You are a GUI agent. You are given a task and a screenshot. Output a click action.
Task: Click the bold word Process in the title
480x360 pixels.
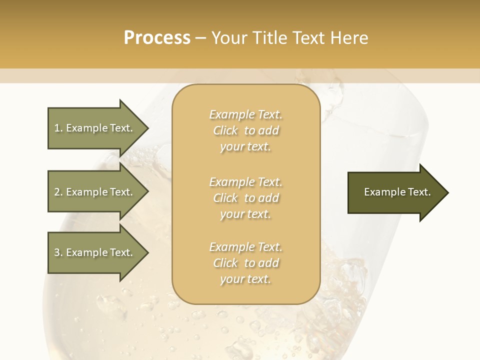click(x=157, y=38)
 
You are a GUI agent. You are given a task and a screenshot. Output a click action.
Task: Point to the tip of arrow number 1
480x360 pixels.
click(x=147, y=128)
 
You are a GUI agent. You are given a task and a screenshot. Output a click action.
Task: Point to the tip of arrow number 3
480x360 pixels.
click(x=147, y=252)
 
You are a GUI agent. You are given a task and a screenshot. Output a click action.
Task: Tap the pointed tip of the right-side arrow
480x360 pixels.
click(x=447, y=192)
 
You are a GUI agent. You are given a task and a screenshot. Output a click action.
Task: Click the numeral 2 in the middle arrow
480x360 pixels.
click(x=57, y=192)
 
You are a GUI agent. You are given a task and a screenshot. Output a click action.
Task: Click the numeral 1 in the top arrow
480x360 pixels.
click(x=57, y=128)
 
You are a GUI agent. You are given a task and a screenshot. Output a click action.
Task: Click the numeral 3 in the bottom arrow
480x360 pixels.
click(x=57, y=252)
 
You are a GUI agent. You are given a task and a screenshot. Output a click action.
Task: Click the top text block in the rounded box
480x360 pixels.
click(x=245, y=130)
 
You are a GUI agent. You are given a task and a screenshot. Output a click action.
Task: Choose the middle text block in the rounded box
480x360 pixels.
click(x=245, y=198)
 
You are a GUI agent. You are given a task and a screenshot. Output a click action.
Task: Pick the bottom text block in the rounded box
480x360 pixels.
click(x=245, y=263)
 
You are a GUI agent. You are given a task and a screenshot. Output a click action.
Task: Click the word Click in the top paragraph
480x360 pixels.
click(x=225, y=131)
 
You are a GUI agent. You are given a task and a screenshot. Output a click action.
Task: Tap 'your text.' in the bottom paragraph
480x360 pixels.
click(x=245, y=279)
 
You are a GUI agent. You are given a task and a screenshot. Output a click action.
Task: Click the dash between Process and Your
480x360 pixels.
click(x=201, y=38)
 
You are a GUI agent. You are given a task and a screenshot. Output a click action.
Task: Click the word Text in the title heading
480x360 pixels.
click(x=310, y=38)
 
